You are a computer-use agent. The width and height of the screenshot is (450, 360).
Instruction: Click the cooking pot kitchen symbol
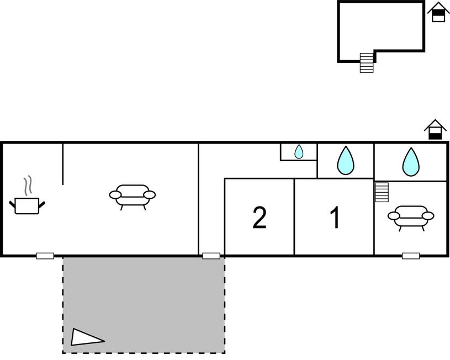(27, 205)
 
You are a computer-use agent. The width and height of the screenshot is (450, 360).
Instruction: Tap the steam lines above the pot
(28, 186)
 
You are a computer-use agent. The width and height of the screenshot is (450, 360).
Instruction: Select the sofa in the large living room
(133, 197)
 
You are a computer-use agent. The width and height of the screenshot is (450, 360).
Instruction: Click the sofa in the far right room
(411, 218)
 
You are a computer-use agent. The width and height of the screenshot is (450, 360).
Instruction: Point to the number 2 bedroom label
(260, 218)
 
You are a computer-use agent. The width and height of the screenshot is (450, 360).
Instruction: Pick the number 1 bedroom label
(335, 218)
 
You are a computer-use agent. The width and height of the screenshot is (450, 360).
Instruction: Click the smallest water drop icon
(299, 152)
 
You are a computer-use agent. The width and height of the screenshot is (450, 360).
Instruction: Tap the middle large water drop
(346, 161)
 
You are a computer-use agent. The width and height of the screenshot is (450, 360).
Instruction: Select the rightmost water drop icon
(411, 162)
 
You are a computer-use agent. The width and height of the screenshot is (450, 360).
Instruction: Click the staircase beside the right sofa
(382, 192)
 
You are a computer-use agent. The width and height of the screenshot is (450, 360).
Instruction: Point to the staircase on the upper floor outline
(367, 63)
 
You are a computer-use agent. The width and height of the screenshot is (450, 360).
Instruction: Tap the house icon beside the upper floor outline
(438, 12)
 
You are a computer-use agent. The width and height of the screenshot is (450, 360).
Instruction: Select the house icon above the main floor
(435, 129)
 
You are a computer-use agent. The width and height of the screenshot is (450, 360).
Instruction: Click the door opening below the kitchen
(45, 256)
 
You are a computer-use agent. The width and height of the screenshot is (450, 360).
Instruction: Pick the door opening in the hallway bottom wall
(211, 256)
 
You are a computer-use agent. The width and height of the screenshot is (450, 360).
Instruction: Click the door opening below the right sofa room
(411, 256)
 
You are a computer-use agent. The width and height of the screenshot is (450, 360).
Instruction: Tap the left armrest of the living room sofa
(115, 195)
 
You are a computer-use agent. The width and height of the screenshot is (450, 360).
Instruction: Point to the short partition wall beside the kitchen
(63, 164)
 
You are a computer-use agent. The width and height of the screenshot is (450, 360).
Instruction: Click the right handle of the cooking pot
(42, 204)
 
